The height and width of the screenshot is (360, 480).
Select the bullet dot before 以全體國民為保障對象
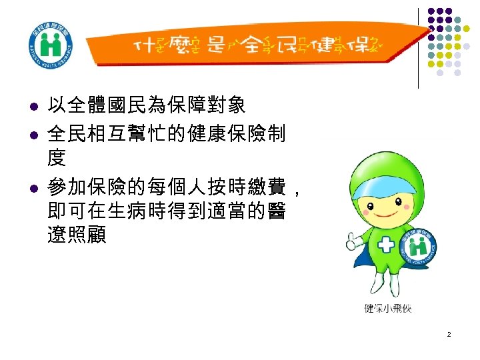31,107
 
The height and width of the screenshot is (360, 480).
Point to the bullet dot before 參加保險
31,191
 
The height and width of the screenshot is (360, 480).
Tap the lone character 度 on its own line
57,159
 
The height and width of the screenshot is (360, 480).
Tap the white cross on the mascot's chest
387,245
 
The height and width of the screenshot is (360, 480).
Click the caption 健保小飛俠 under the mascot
388,308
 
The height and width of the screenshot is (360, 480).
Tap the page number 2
449,333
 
